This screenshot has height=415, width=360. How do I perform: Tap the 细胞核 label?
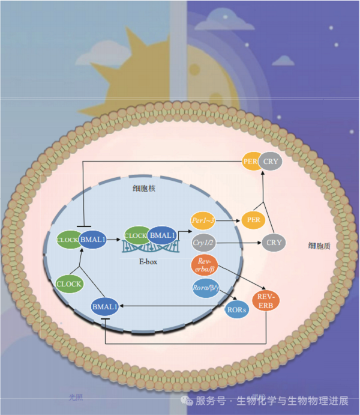145,188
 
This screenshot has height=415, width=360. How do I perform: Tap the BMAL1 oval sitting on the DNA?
161,234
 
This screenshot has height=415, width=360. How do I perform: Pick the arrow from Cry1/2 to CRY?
240,243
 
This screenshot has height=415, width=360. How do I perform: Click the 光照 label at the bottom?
76,397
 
